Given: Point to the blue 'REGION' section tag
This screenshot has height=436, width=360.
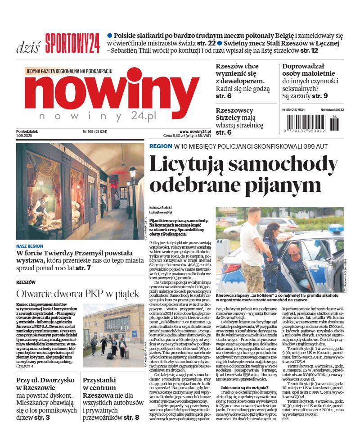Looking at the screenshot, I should pyautogui.click(x=161, y=146).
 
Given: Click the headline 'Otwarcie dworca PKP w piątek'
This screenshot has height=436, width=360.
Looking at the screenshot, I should pyautogui.click(x=78, y=294).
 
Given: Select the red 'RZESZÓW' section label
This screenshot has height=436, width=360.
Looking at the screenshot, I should pyautogui.click(x=26, y=282).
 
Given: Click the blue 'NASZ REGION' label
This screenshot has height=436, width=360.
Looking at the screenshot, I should pyautogui.click(x=30, y=246).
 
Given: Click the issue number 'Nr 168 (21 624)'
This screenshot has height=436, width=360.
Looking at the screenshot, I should pyautogui.click(x=98, y=132).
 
